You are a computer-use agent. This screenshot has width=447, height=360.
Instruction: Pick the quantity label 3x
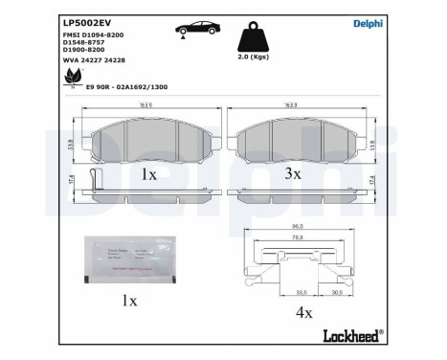point(293,174)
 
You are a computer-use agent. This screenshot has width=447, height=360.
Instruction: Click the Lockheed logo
point(353,337)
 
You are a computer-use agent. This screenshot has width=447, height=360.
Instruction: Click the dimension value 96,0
point(297,227)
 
